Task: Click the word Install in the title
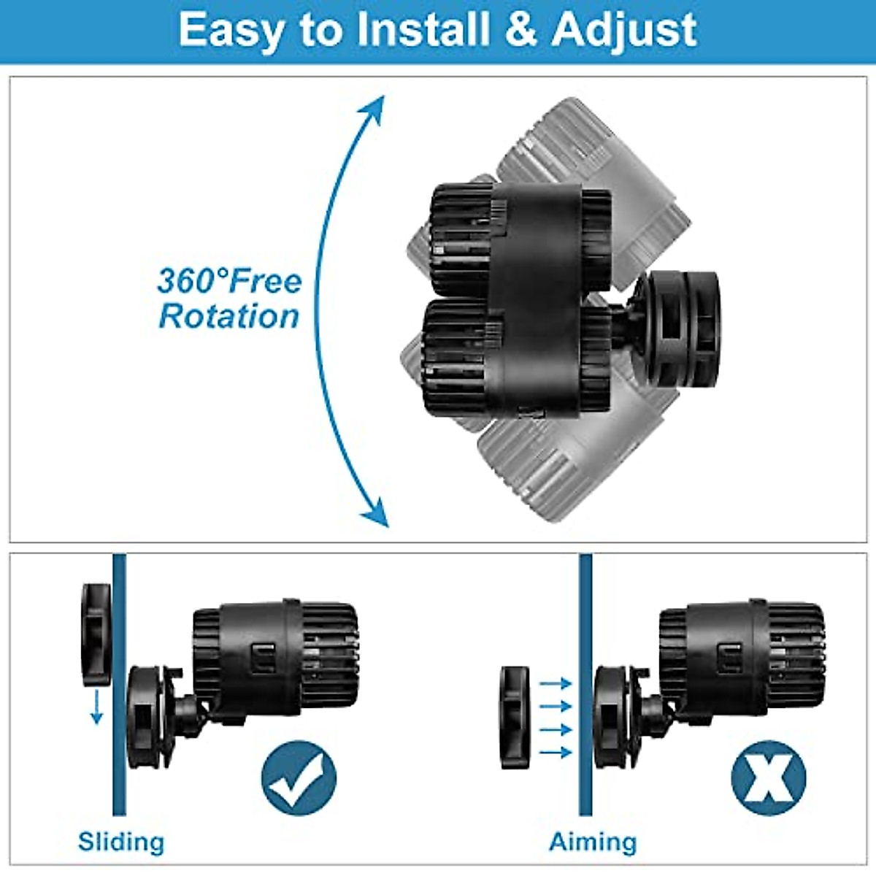point(423,30)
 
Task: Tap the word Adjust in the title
point(624,31)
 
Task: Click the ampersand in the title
point(520,31)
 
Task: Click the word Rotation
point(229,317)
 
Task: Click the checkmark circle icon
point(299,778)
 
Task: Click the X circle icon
point(768,778)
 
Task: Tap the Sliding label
point(121,842)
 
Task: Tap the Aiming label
point(593,842)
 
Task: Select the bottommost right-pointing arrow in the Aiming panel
point(555,752)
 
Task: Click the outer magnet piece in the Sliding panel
point(96,634)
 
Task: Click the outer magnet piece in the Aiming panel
point(515,718)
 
